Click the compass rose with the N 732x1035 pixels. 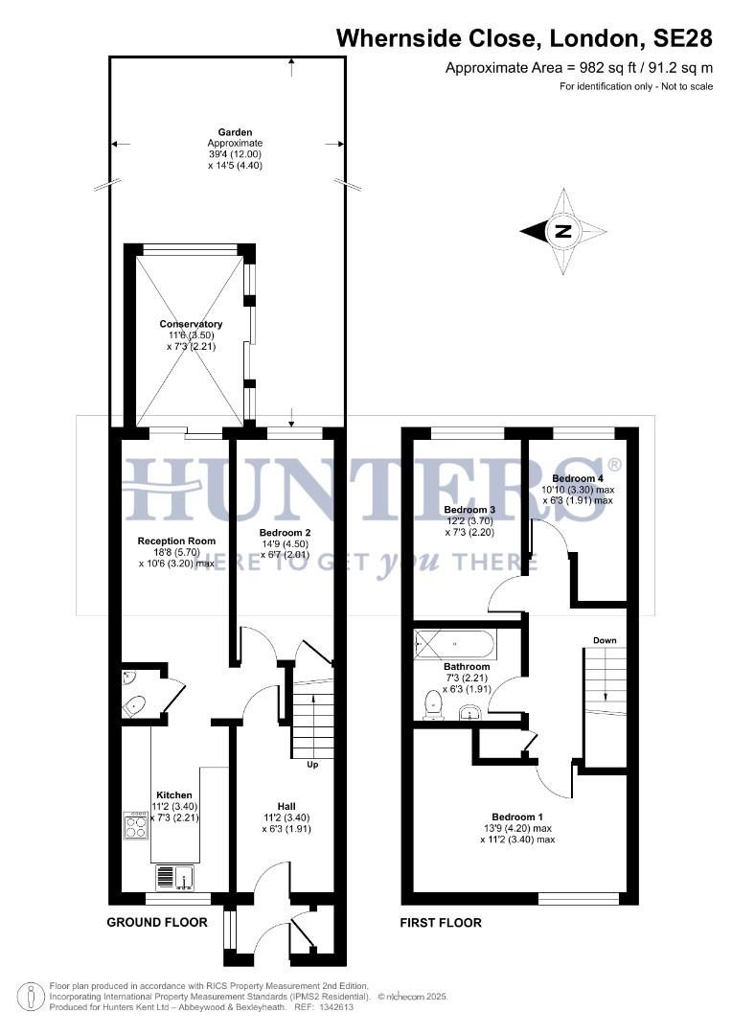point(563,231)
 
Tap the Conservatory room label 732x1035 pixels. point(191,325)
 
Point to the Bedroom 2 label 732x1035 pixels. point(286,532)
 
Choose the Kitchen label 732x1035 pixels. point(174,795)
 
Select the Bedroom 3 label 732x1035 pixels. point(469,510)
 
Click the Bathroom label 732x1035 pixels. point(467,667)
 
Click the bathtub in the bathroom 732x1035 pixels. point(454,643)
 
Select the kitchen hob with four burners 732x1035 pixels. point(136,825)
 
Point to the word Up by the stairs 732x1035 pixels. point(312,765)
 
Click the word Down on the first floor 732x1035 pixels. point(604,640)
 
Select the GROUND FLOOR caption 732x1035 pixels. point(158,923)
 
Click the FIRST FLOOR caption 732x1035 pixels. point(441,923)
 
